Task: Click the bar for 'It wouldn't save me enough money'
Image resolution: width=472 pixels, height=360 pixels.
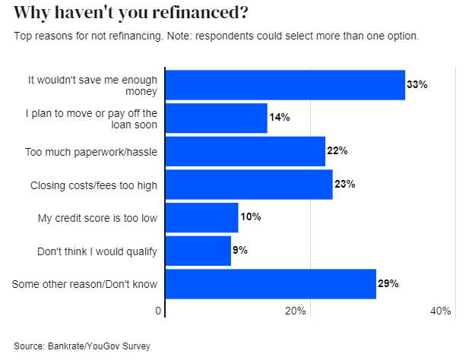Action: (285, 84)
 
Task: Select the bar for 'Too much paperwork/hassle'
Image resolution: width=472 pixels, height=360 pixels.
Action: (245, 151)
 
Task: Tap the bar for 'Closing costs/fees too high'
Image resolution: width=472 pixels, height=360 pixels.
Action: (249, 185)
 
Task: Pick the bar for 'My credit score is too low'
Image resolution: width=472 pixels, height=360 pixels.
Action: (201, 217)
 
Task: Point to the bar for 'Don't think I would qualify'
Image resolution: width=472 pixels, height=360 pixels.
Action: (198, 251)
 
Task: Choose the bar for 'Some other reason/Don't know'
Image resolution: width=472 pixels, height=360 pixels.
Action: (271, 283)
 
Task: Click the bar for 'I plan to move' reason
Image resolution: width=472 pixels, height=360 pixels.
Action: (216, 118)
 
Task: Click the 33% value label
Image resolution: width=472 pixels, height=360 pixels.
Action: (417, 85)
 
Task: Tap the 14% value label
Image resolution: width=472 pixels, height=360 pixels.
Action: (280, 118)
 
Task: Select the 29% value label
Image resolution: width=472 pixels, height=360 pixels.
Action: (388, 283)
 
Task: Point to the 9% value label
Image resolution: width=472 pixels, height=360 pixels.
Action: (240, 251)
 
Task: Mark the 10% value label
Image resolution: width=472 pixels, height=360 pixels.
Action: (251, 217)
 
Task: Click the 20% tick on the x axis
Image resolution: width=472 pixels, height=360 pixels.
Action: (296, 311)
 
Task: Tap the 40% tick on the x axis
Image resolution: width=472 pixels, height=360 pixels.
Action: (441, 311)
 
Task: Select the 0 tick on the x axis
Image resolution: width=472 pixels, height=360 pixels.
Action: (160, 311)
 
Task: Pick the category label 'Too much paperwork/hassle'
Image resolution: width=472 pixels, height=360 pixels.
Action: (91, 152)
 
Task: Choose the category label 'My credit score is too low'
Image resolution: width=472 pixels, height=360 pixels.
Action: (97, 218)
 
